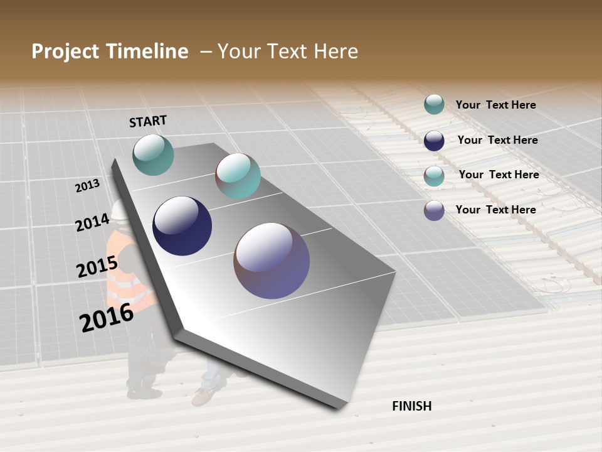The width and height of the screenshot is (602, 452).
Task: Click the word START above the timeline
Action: point(148,121)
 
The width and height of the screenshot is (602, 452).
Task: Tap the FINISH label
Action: point(411,406)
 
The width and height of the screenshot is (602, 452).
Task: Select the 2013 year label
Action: point(87,186)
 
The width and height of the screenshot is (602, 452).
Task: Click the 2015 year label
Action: point(97,267)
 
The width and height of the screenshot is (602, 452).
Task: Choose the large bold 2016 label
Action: point(107,318)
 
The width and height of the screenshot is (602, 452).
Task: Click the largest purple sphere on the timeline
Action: point(272,261)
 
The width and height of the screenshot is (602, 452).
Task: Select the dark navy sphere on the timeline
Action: point(182,226)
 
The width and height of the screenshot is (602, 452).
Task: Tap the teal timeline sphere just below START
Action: point(153,154)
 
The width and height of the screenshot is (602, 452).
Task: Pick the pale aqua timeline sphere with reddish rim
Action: point(238,176)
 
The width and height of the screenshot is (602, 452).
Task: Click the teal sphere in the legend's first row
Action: point(434,105)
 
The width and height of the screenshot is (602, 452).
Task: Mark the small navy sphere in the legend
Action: point(434,140)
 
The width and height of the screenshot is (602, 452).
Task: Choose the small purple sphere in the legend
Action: point(434,210)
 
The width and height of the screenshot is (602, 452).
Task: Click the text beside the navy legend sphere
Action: point(497,140)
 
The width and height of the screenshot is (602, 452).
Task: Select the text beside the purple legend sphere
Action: point(495,210)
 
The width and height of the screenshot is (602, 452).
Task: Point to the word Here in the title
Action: point(335,51)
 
